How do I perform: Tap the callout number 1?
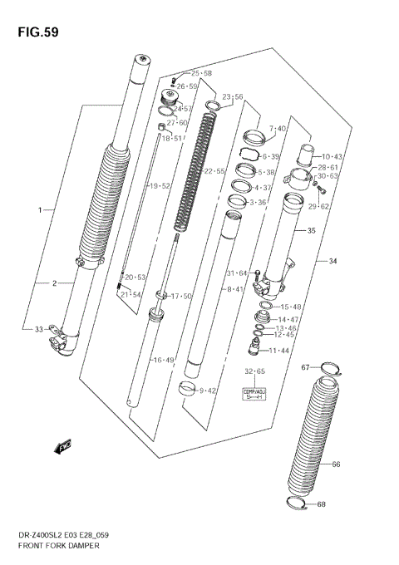click(x=39, y=210)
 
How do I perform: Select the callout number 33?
click(x=39, y=330)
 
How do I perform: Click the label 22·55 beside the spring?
click(x=215, y=171)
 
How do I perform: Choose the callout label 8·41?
click(x=235, y=289)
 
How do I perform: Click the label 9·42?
click(x=207, y=390)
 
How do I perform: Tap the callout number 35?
click(x=311, y=231)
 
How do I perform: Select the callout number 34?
click(x=332, y=262)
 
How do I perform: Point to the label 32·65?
click(x=254, y=371)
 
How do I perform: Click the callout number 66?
click(x=336, y=464)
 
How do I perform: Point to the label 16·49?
click(x=162, y=360)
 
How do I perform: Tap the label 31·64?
click(x=237, y=273)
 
